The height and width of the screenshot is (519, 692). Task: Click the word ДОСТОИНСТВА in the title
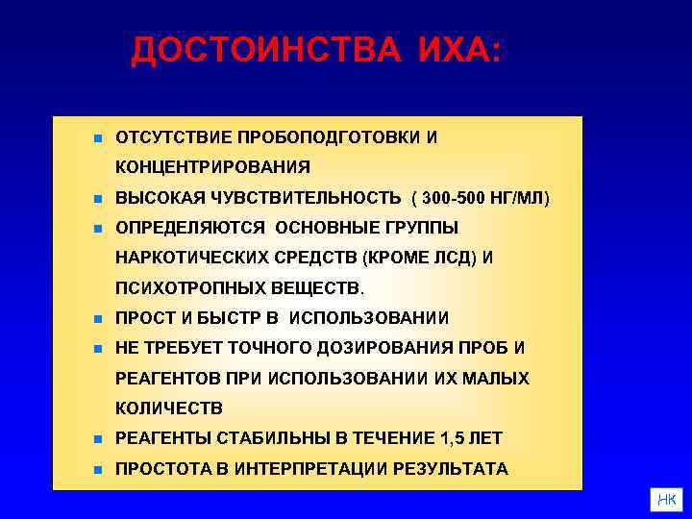click(x=265, y=50)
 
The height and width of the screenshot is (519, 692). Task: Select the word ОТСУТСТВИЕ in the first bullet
click(x=170, y=137)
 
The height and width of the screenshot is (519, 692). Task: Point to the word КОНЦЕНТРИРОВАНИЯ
click(x=212, y=167)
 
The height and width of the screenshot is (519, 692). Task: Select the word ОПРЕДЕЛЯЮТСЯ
click(x=192, y=228)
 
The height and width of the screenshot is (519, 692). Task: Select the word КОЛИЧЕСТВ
click(x=168, y=408)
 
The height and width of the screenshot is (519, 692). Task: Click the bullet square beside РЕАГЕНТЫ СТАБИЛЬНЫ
click(x=98, y=439)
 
